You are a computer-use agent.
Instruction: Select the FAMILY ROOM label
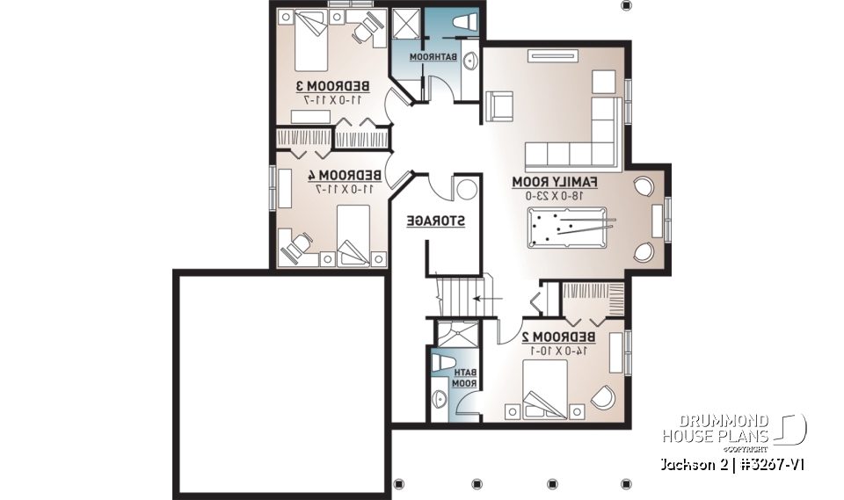pyautogui.click(x=556, y=182)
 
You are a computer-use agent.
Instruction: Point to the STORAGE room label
pyautogui.click(x=435, y=221)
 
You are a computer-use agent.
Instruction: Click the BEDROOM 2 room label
pyautogui.click(x=558, y=337)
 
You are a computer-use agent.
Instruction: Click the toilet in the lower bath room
pyautogui.click(x=444, y=362)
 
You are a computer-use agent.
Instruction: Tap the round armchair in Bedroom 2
pyautogui.click(x=604, y=397)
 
